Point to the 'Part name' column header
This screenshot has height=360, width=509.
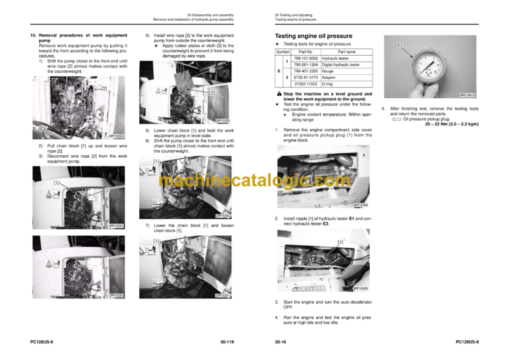click(x=347, y=52)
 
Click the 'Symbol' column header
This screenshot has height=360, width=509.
click(x=282, y=52)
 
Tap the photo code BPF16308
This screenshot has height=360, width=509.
click(x=365, y=206)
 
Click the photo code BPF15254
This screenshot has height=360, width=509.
click(x=117, y=296)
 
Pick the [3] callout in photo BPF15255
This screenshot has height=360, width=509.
click(x=211, y=69)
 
